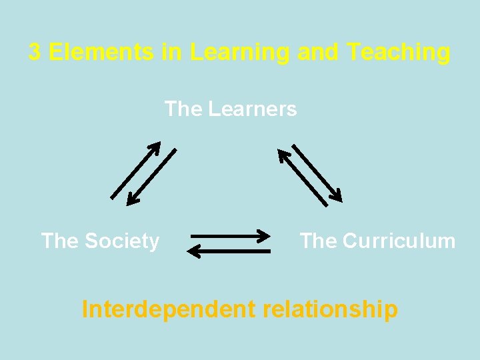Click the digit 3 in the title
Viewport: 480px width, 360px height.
[x=35, y=52]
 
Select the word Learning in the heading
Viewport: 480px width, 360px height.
[x=239, y=52]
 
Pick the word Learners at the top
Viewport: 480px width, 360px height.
[x=252, y=109]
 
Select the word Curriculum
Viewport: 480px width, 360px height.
[x=399, y=241]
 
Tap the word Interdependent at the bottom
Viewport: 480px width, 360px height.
[x=168, y=309]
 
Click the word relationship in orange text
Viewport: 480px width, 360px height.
[x=331, y=309]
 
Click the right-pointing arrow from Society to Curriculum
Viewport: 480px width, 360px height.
[x=230, y=235]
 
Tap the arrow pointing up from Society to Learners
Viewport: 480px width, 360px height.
[x=135, y=170]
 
